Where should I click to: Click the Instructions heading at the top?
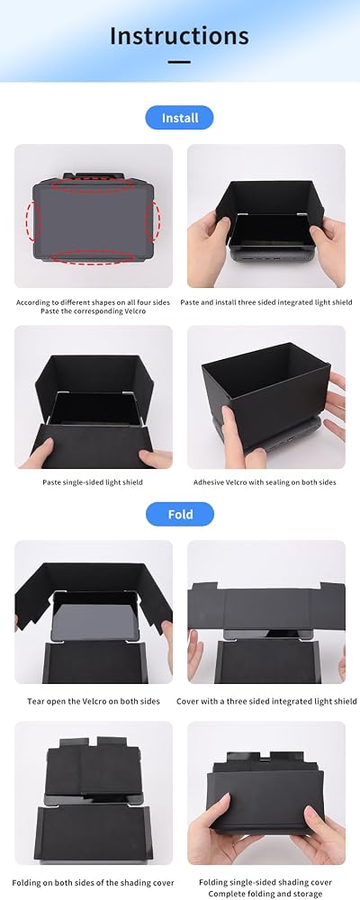click(179, 36)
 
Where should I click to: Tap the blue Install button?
click(179, 118)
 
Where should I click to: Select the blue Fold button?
click(180, 514)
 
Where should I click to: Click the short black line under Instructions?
click(180, 62)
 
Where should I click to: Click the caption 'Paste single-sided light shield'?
click(93, 482)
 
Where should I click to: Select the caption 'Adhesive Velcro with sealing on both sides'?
click(265, 482)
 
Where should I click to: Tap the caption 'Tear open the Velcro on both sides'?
click(94, 701)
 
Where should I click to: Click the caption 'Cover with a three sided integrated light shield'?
click(266, 701)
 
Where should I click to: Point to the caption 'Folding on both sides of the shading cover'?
click(93, 883)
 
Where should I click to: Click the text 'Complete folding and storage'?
click(265, 895)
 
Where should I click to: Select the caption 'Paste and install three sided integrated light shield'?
click(266, 302)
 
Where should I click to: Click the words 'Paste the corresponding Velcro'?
click(93, 311)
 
